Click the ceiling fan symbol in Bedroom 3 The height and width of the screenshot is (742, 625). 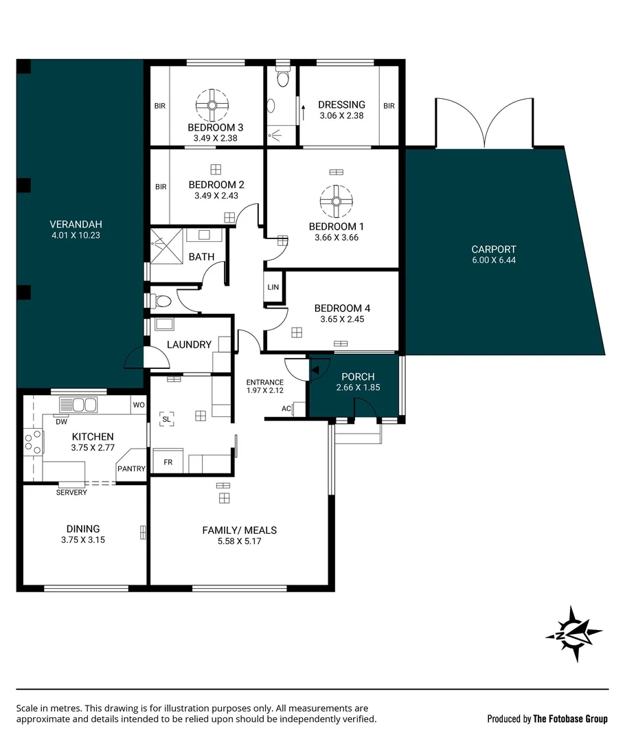[212, 105]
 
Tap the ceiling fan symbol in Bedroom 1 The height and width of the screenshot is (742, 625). [336, 201]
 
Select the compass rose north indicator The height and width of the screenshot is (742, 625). [574, 633]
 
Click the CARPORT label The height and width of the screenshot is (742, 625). [493, 249]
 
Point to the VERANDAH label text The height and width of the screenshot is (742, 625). [76, 224]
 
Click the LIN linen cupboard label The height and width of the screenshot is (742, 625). [273, 287]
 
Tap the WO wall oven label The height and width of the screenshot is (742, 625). [139, 405]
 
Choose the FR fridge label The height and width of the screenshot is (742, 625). [168, 462]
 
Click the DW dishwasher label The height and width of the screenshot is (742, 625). [62, 422]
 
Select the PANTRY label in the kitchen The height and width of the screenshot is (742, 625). [132, 469]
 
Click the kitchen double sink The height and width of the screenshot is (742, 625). [78, 405]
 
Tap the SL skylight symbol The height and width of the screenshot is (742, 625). [166, 419]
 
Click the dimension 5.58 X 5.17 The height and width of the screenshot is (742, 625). [240, 541]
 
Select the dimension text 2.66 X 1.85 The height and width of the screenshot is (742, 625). [358, 387]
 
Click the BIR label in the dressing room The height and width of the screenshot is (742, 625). [389, 106]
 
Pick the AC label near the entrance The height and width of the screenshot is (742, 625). [286, 408]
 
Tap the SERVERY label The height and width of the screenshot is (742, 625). [71, 492]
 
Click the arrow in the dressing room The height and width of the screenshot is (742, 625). [304, 113]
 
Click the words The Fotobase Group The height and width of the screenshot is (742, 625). [570, 719]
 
